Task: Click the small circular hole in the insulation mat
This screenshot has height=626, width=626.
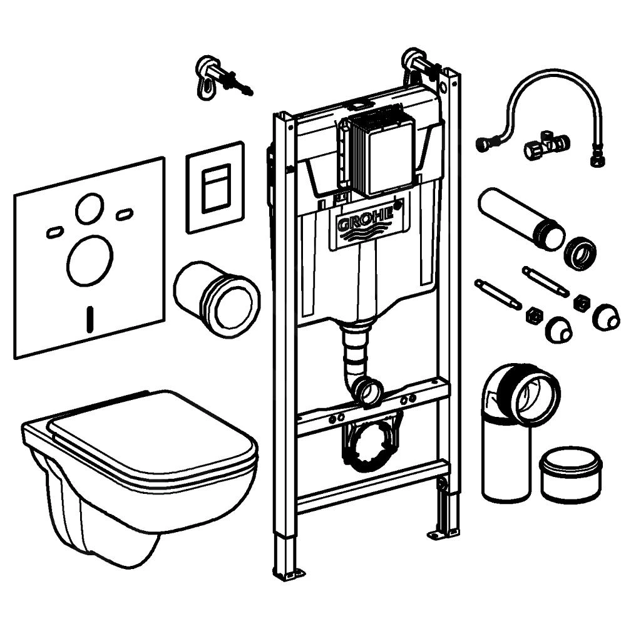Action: coord(90,208)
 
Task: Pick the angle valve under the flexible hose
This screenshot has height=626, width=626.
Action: coord(546,145)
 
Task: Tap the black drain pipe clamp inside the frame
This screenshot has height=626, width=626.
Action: coord(370,446)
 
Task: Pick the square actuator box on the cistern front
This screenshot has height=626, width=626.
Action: coord(382,153)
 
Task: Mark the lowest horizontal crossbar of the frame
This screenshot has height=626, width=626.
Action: coord(372,486)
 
